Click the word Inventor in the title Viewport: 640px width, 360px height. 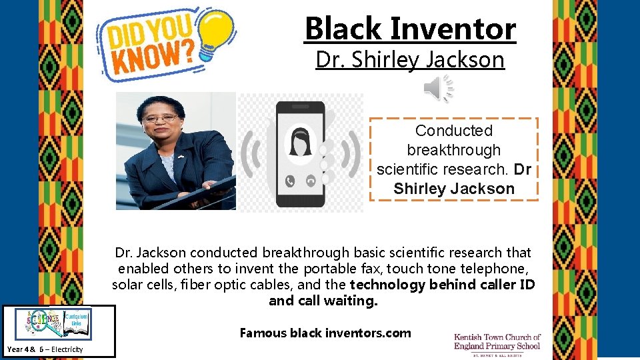pyautogui.click(x=453, y=29)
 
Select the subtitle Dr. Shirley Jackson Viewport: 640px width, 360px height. pyautogui.click(x=410, y=60)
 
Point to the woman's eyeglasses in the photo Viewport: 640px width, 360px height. pyautogui.click(x=160, y=119)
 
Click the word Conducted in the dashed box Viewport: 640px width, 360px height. pyautogui.click(x=453, y=131)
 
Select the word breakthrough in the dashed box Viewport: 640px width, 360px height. pyautogui.click(x=453, y=150)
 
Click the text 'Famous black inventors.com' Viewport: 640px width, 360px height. pyautogui.click(x=325, y=333)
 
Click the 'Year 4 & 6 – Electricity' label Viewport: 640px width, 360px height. pyautogui.click(x=45, y=349)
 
